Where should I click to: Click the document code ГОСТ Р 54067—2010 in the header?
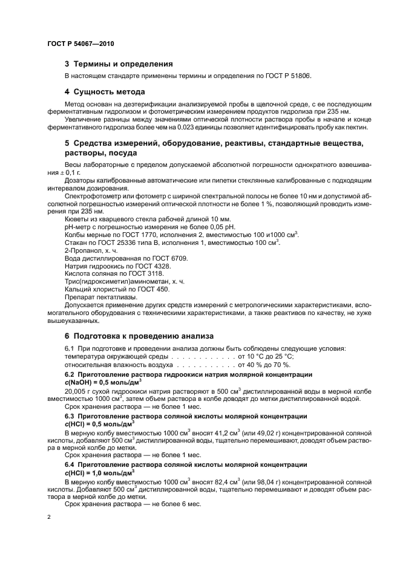pyautogui.click(x=80, y=44)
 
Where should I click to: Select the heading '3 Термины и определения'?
pyautogui.click(x=119, y=63)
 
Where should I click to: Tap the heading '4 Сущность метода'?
pyautogui.click(x=105, y=92)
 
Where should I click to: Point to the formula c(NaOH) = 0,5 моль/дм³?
pyautogui.click(x=103, y=382)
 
